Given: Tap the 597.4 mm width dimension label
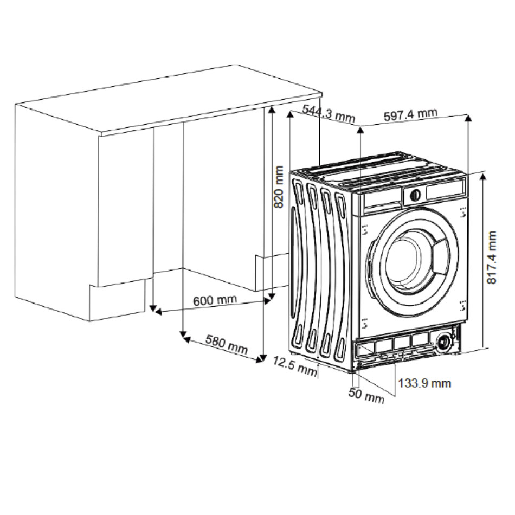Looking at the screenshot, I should pyautogui.click(x=410, y=114).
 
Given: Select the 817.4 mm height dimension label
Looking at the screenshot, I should pyautogui.click(x=492, y=257).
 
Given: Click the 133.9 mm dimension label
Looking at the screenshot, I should pyautogui.click(x=424, y=383).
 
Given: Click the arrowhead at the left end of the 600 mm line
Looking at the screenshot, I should pyautogui.click(x=154, y=311).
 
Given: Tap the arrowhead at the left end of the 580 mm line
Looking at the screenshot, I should pyautogui.click(x=185, y=338).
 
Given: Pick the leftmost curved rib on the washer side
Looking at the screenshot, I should pyautogui.click(x=298, y=266).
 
